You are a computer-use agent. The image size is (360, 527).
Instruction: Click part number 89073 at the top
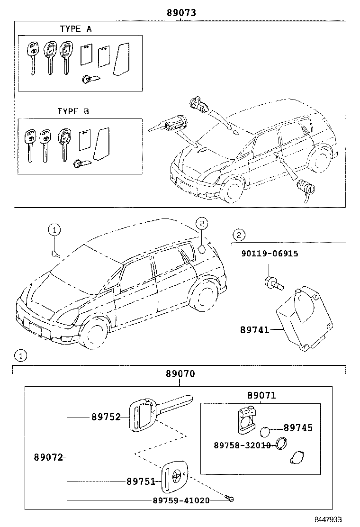click(x=181, y=13)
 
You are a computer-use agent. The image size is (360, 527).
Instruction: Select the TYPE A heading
click(x=76, y=29)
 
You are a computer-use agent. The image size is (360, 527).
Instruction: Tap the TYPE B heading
click(x=73, y=111)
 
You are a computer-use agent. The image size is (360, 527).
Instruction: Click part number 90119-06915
click(x=270, y=254)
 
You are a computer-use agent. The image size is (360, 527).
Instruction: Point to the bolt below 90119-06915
click(x=273, y=283)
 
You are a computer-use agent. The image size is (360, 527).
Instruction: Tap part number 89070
click(x=180, y=374)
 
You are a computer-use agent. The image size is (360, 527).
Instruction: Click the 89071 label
click(x=261, y=395)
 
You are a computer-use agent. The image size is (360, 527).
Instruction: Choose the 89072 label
click(x=48, y=457)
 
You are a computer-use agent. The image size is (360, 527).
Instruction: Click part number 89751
click(x=141, y=482)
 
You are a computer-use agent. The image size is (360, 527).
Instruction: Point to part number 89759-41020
click(x=181, y=500)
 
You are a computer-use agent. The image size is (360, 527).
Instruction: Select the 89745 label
click(x=298, y=428)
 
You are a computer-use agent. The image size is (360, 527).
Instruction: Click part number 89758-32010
click(x=242, y=445)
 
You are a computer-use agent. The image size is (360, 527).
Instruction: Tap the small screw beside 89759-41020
click(x=231, y=499)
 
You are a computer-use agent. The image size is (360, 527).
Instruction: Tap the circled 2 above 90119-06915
click(x=239, y=234)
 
